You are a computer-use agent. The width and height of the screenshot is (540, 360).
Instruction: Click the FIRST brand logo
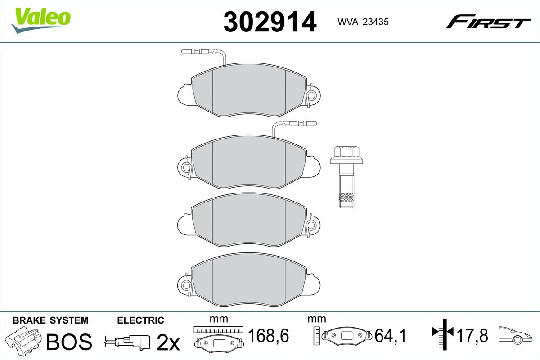click(x=487, y=22)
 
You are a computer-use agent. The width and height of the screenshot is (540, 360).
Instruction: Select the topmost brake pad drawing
click(x=249, y=92)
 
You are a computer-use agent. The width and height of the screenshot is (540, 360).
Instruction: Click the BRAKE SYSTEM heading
click(x=50, y=320)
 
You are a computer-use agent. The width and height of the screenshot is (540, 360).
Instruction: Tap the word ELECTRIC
click(x=140, y=320)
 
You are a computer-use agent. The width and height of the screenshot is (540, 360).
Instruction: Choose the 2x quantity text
click(x=167, y=343)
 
